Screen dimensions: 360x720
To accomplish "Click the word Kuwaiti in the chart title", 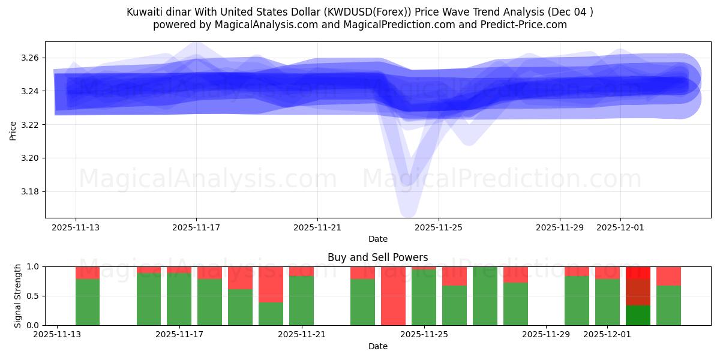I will [x=145, y=12].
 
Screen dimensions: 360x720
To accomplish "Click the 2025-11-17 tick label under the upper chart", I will [x=196, y=228].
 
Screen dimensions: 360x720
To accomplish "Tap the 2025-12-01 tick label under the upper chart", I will [x=620, y=228].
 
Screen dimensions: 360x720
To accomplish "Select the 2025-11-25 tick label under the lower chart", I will [x=424, y=335].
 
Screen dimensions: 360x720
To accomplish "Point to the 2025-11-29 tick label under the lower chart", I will [x=546, y=335].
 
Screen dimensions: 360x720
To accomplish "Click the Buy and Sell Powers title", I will [x=378, y=257].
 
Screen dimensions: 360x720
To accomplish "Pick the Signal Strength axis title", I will [x=18, y=296].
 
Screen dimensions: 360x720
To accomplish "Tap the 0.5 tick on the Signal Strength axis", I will [x=34, y=296].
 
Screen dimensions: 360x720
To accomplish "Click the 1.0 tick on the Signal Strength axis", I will [x=34, y=266].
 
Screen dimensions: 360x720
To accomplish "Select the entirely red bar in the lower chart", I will [x=393, y=296].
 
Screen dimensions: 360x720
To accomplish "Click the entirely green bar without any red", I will [x=485, y=296].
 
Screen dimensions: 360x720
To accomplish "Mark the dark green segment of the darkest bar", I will [x=638, y=316].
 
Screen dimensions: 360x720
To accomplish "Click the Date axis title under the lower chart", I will [x=378, y=346].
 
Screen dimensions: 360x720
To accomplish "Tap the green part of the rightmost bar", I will [x=668, y=305].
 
